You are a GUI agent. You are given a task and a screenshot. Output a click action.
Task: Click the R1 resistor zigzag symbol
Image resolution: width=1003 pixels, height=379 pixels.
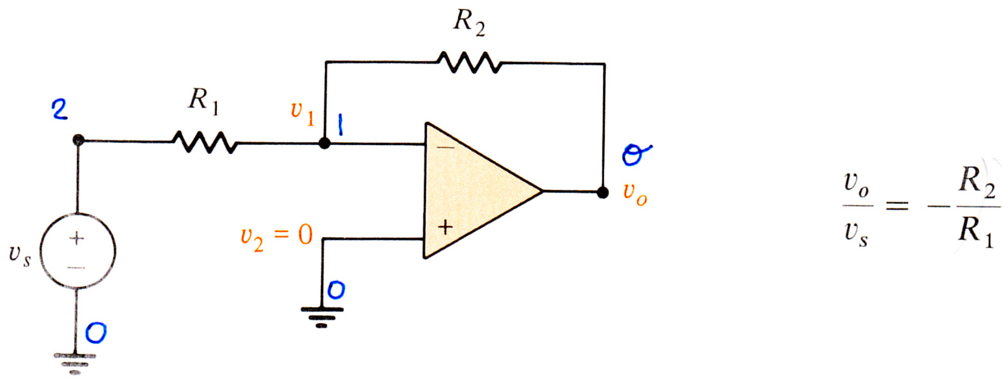tap(205, 142)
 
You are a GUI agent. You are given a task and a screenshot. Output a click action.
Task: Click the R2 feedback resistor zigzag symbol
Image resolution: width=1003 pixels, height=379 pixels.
tap(470, 62)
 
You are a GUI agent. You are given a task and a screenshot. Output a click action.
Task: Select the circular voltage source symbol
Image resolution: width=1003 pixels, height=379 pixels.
tap(78, 250)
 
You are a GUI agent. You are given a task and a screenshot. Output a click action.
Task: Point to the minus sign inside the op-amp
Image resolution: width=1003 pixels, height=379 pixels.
tap(445, 147)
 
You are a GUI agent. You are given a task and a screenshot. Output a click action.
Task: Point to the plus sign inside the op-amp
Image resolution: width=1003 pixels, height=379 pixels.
tap(445, 228)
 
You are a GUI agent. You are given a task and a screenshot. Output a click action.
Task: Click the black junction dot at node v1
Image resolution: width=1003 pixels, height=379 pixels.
tap(325, 143)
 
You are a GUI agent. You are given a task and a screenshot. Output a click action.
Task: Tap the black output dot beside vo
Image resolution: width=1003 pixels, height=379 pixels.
tap(603, 192)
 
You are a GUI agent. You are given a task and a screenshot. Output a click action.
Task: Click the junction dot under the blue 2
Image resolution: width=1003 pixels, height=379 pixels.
tap(78, 140)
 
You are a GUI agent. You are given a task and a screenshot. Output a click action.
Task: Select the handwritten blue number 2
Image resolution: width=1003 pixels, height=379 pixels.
tap(60, 110)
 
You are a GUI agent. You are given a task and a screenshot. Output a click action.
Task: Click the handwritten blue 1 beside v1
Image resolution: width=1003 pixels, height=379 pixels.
tap(341, 124)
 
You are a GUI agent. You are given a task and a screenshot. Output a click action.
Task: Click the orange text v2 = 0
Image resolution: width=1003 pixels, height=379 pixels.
tap(277, 236)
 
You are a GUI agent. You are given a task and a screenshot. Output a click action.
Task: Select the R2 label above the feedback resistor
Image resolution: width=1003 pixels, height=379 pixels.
tap(469, 21)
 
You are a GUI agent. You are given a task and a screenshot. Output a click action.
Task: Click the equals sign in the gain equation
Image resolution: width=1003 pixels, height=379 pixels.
tap(898, 206)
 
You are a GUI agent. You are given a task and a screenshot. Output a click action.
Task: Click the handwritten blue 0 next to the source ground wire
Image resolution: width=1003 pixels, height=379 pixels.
tap(96, 333)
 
